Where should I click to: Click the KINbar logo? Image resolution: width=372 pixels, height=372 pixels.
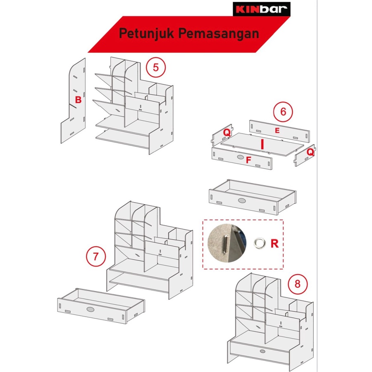click(262, 9)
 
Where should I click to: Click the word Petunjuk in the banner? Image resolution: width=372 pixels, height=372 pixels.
click(146, 33)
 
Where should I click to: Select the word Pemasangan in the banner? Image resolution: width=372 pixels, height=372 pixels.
click(219, 33)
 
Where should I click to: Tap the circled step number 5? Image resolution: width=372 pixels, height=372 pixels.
click(156, 67)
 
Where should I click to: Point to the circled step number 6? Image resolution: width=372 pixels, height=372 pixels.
click(283, 112)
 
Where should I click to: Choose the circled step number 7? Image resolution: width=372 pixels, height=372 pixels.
click(95, 256)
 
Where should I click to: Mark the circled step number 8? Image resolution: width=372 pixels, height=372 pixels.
click(298, 284)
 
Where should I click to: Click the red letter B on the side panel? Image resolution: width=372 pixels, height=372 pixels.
click(78, 100)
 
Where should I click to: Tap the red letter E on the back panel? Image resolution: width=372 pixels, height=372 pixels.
click(277, 131)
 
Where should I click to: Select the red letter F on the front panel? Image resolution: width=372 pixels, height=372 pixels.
click(248, 160)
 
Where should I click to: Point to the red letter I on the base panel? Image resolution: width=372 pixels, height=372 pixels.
click(262, 144)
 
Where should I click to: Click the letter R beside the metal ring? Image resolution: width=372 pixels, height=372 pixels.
click(274, 243)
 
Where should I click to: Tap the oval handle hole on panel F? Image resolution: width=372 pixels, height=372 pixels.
click(241, 157)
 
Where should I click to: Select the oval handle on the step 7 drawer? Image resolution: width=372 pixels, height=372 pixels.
click(90, 309)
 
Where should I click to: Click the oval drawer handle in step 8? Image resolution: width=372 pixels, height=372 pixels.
click(262, 351)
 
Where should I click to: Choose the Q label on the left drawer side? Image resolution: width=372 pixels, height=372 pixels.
click(227, 132)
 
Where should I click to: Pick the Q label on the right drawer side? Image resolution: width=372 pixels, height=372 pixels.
click(310, 152)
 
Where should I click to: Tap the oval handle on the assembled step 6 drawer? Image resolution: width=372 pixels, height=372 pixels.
click(242, 201)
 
